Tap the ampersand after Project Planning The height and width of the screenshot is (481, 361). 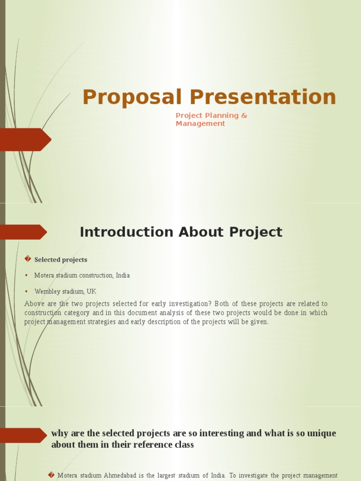tap(243, 116)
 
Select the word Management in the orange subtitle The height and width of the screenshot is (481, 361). tap(200, 124)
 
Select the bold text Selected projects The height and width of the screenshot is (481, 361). tap(61, 260)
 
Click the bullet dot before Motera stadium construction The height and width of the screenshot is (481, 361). tap(27, 275)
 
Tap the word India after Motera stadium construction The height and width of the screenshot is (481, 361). tap(122, 276)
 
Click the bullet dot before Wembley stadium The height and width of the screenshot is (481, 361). tap(27, 291)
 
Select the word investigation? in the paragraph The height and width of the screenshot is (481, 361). tap(191, 304)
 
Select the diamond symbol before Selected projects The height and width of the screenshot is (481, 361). tap(28, 259)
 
